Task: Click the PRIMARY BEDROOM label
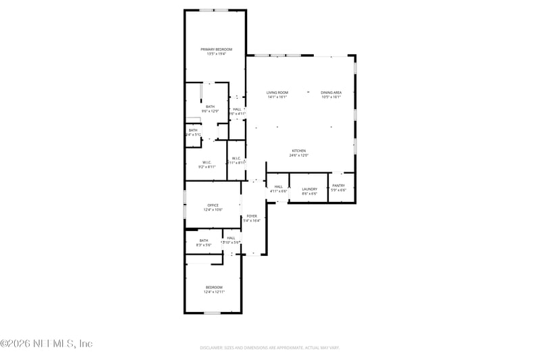pyautogui.click(x=216, y=49)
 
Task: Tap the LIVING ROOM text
pyautogui.click(x=277, y=93)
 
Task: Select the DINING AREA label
pyautogui.click(x=331, y=93)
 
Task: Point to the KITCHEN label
pyautogui.click(x=299, y=151)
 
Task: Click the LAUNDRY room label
pyautogui.click(x=309, y=189)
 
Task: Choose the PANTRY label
pyautogui.click(x=338, y=185)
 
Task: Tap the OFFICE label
pyautogui.click(x=213, y=205)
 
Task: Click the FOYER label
pyautogui.click(x=252, y=216)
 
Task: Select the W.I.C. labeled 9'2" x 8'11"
pyautogui.click(x=207, y=166)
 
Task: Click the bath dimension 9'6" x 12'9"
pyautogui.click(x=211, y=111)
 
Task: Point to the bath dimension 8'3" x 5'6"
pyautogui.click(x=203, y=245)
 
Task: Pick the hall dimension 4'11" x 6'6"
pyautogui.click(x=279, y=191)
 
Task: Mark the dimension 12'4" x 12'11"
pyautogui.click(x=213, y=292)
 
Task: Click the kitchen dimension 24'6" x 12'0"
pyautogui.click(x=299, y=155)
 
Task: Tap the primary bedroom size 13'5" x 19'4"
pyautogui.click(x=216, y=54)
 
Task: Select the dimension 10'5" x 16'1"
pyautogui.click(x=331, y=97)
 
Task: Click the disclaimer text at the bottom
pyautogui.click(x=269, y=348)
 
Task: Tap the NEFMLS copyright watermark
pyautogui.click(x=46, y=344)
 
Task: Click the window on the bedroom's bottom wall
pyautogui.click(x=213, y=313)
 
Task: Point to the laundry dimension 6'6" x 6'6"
pyautogui.click(x=309, y=194)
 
